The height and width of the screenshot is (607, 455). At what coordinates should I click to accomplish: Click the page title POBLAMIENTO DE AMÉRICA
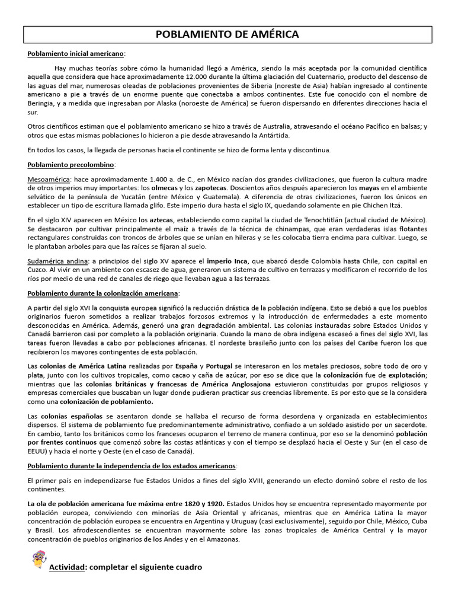227,35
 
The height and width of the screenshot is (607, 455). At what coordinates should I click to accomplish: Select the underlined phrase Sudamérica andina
57,261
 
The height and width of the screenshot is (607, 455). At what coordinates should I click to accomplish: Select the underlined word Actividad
66,567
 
